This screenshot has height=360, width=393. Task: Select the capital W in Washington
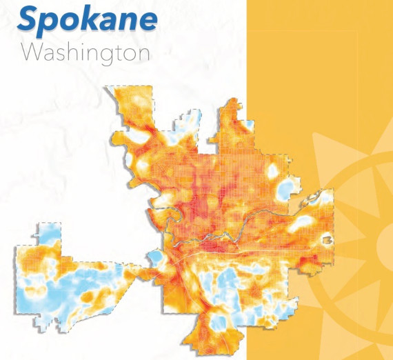(x=33, y=52)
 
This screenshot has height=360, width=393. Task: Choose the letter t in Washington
(x=120, y=52)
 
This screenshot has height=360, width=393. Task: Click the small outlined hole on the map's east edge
(x=326, y=239)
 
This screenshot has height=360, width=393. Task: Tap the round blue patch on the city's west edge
(x=157, y=259)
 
